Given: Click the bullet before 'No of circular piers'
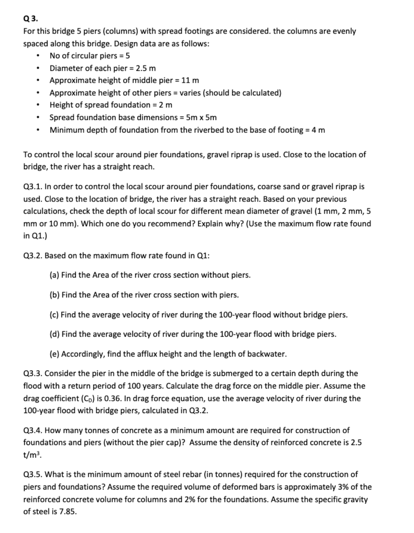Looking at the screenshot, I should (x=38, y=56).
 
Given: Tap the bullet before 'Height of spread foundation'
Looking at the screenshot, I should (x=38, y=106).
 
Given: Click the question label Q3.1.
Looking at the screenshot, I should (x=32, y=187).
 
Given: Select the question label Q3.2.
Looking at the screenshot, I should (x=32, y=256).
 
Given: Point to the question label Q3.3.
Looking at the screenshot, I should (x=32, y=373).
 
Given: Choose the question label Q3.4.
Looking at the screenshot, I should (x=32, y=431).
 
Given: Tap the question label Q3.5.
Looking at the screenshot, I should (x=32, y=474).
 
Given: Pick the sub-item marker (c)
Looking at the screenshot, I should (x=54, y=315).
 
